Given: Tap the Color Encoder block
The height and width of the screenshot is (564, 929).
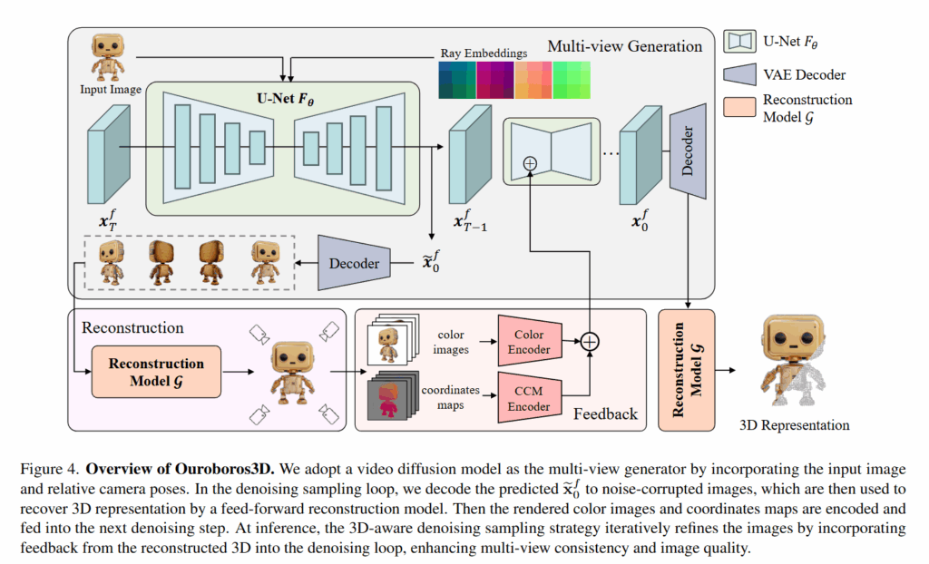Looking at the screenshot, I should tap(530, 342).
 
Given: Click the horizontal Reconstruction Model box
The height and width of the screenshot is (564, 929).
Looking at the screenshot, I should tap(156, 372).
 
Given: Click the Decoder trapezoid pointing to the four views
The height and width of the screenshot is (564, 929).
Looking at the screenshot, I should tap(354, 264).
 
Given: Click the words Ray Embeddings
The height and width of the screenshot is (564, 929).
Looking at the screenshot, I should tap(483, 53).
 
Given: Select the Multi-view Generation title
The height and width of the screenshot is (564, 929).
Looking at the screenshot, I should tap(625, 45).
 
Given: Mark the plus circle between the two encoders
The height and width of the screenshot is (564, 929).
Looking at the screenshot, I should tap(590, 342).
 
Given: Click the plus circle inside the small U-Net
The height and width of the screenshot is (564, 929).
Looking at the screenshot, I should tap(531, 164).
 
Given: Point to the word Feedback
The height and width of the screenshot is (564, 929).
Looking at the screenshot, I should tap(605, 413).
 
